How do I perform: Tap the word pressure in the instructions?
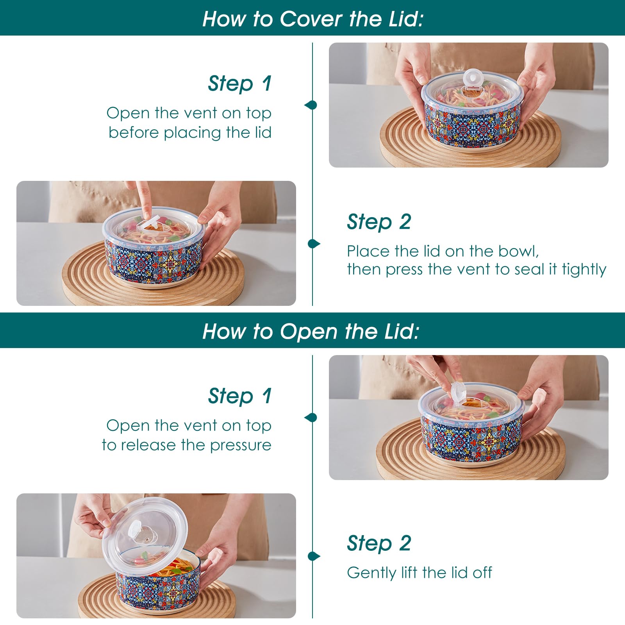point(241,445)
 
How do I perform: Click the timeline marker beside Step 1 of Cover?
point(311,105)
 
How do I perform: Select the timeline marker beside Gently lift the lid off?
point(314,556)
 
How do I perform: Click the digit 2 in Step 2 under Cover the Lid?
point(405,222)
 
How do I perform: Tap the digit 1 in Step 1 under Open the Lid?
point(267,396)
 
